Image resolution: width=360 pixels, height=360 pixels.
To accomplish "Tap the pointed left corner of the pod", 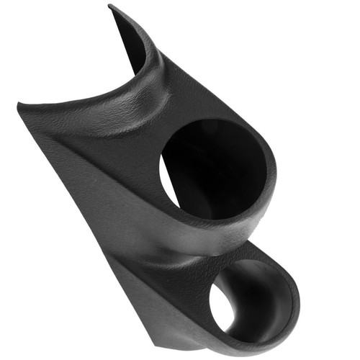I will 19,107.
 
